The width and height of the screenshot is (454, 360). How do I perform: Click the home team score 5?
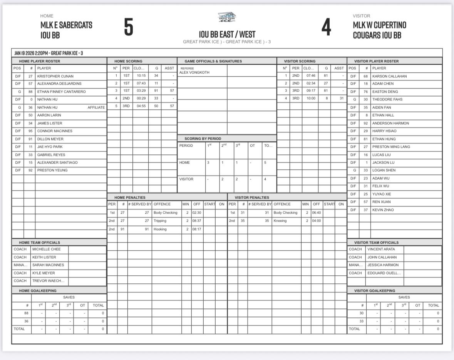tap(129, 27)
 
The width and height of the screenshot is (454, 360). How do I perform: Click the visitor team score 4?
tap(326, 27)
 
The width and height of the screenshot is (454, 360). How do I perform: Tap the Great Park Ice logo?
tap(227, 17)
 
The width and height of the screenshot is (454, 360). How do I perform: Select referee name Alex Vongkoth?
tap(195, 72)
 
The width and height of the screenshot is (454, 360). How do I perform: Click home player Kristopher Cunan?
tap(55, 76)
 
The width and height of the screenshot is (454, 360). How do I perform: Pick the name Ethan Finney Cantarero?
tap(61, 92)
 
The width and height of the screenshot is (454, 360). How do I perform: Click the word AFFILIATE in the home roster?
tap(96, 107)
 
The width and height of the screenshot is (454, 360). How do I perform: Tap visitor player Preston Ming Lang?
tap(391, 147)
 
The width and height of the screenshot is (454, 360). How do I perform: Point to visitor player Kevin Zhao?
tap(383, 210)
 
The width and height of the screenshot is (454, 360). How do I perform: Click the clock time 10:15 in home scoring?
tap(141, 76)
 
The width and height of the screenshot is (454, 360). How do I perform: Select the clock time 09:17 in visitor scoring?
tap(311, 91)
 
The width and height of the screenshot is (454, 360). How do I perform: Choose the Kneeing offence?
tap(280, 221)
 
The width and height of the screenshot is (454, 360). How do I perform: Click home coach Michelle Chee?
tap(46, 249)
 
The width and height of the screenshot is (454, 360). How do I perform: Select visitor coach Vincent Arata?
tap(381, 249)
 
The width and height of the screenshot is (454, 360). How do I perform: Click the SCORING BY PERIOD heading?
tap(203, 139)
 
